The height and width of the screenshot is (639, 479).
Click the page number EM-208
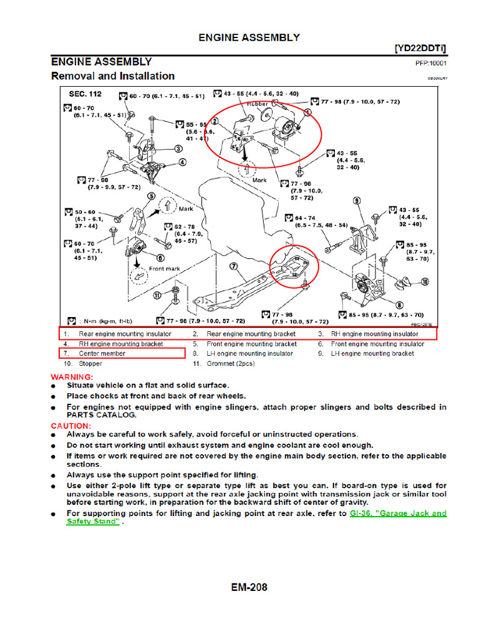tap(249, 587)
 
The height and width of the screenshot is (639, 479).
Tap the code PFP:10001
tap(431, 63)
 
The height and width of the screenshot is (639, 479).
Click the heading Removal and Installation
tap(112, 76)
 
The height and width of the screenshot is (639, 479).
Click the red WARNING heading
tap(72, 377)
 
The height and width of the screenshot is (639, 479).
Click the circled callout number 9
tap(357, 201)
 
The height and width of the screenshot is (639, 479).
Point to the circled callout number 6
tap(160, 257)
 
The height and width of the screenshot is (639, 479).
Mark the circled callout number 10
tap(425, 283)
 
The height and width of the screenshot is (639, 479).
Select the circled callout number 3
tap(178, 149)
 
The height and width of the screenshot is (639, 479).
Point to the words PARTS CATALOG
tap(100, 414)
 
